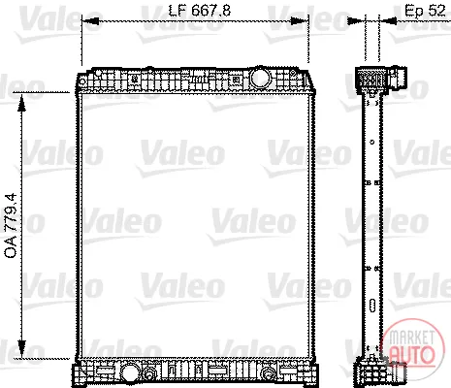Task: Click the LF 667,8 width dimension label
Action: click(200, 11)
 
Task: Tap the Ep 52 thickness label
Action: click(425, 11)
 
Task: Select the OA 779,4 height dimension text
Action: click(11, 226)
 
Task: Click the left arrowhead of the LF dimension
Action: click(90, 21)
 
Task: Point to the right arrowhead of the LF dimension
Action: click(300, 21)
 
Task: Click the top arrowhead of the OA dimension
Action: click(21, 103)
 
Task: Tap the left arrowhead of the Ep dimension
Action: click(356, 21)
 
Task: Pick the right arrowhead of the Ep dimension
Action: click(388, 21)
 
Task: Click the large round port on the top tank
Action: click(260, 77)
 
